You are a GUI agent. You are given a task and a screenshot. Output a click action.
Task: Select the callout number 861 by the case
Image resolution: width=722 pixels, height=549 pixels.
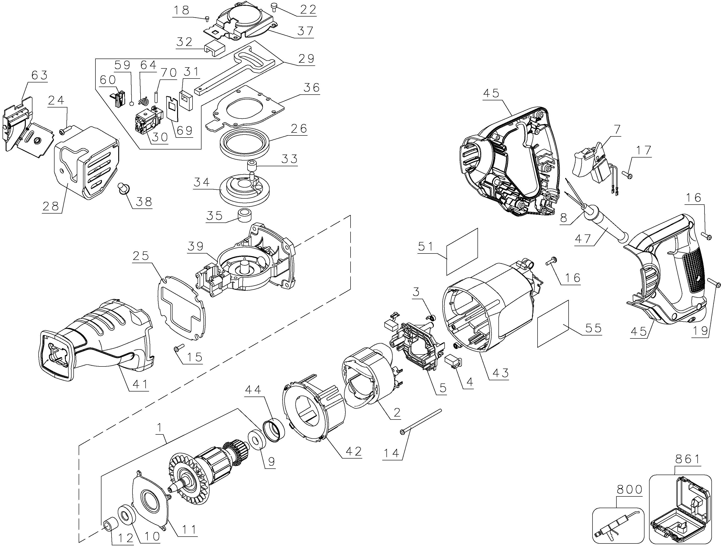click(x=687, y=460)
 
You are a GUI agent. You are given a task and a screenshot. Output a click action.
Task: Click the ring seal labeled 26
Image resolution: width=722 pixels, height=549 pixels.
click(x=245, y=144)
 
